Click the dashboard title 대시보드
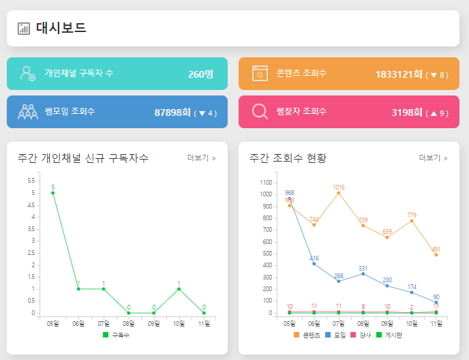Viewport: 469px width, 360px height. [61, 28]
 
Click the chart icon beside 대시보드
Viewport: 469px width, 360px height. [24, 29]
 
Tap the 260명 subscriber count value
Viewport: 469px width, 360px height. [200, 74]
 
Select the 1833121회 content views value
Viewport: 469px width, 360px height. [399, 74]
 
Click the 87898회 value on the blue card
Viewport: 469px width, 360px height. [172, 112]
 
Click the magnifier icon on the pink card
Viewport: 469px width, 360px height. [260, 111]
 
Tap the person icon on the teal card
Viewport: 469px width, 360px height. [28, 74]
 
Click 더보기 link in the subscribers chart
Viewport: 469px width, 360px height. [201, 158]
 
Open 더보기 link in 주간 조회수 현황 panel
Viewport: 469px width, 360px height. [433, 158]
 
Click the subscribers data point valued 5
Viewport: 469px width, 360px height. [53, 193]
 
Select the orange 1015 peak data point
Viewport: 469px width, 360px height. [339, 193]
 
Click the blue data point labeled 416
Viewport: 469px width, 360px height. [314, 264]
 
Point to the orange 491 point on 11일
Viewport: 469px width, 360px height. [436, 255]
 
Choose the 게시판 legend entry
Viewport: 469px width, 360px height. [389, 335]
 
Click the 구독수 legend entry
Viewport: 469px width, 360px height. [116, 335]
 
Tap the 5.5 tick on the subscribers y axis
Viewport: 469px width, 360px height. [31, 181]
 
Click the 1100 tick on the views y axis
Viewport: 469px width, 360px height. [265, 183]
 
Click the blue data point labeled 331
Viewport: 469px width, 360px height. [363, 274]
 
